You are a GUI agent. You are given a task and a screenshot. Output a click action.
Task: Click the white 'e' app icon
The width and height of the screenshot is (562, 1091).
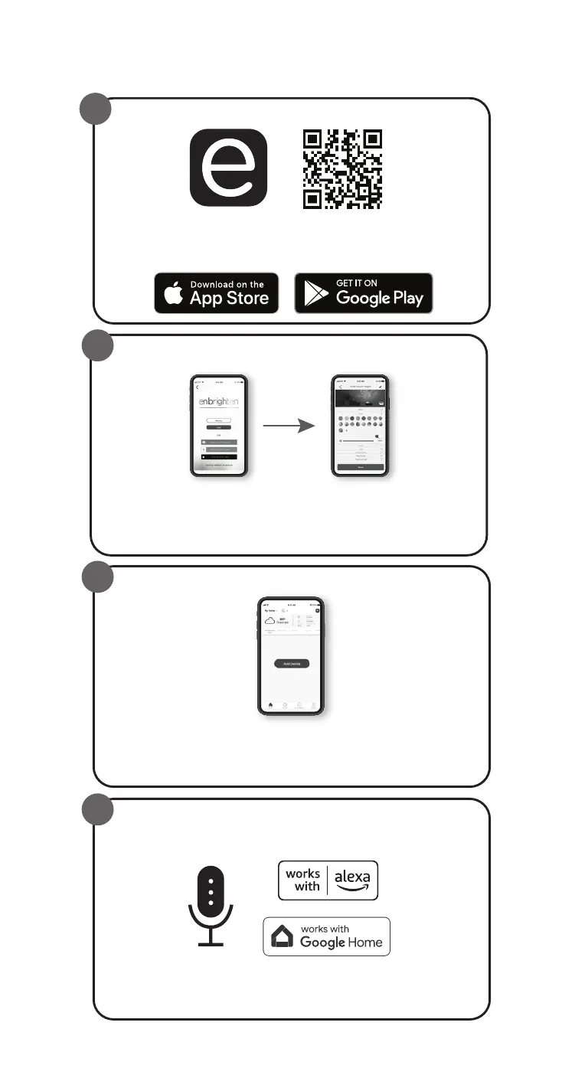tap(228, 168)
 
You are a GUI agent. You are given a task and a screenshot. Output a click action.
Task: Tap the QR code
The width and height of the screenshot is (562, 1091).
tap(342, 169)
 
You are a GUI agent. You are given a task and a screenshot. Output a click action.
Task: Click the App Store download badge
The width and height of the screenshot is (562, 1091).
tap(217, 293)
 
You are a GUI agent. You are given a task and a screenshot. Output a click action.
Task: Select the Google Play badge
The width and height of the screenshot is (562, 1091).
tap(364, 293)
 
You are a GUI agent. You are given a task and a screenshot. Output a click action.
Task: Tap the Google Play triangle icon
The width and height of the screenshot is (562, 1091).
tap(316, 294)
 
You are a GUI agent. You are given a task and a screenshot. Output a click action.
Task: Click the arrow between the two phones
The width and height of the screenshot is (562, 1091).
tap(289, 426)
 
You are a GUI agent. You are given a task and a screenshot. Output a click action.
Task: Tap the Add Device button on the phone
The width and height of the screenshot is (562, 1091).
tap(292, 663)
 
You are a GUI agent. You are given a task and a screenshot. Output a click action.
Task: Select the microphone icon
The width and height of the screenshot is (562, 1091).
tap(211, 906)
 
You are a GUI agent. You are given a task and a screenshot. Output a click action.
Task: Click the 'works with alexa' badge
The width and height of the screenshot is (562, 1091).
tap(328, 880)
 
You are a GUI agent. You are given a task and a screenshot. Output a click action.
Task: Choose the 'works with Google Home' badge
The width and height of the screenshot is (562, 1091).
tap(326, 936)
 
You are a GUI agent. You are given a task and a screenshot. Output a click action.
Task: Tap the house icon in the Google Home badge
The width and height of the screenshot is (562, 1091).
tap(283, 936)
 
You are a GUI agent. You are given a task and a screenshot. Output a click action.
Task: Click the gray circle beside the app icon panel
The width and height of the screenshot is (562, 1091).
tap(97, 111)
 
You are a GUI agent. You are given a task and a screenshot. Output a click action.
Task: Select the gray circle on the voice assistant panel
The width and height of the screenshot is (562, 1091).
tap(97, 812)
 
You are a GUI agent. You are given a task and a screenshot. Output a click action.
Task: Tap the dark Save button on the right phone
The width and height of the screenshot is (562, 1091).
tap(361, 466)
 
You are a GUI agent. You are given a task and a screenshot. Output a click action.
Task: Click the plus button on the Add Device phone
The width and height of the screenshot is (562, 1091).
tap(317, 609)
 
